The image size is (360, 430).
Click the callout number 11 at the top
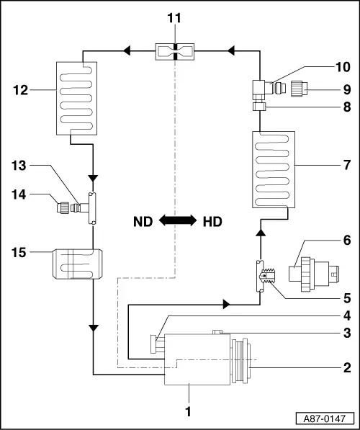pos(174,18)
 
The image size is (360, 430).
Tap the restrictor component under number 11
pos(175,52)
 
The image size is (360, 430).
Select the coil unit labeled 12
pos(76,99)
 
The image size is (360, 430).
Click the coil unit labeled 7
pos(274,169)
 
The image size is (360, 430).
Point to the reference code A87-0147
pos(325,418)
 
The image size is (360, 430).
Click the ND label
pos(143,222)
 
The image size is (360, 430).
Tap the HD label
pos(212,222)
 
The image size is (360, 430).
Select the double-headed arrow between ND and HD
pos(178,220)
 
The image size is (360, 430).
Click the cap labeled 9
pos(299,88)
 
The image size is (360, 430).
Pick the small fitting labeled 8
pos(259,106)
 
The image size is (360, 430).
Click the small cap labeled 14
pos(63,207)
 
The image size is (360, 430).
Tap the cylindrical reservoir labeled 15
pos(78,264)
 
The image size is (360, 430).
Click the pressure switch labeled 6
pos(314,274)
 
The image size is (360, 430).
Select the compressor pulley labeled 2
pos(241,361)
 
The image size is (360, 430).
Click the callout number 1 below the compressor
pos(188,411)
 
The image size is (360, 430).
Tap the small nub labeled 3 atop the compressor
pos(217,332)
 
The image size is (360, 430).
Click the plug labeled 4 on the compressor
pos(156,344)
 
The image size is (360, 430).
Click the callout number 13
pos(19,166)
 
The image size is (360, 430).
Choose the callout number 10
pos(343,67)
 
